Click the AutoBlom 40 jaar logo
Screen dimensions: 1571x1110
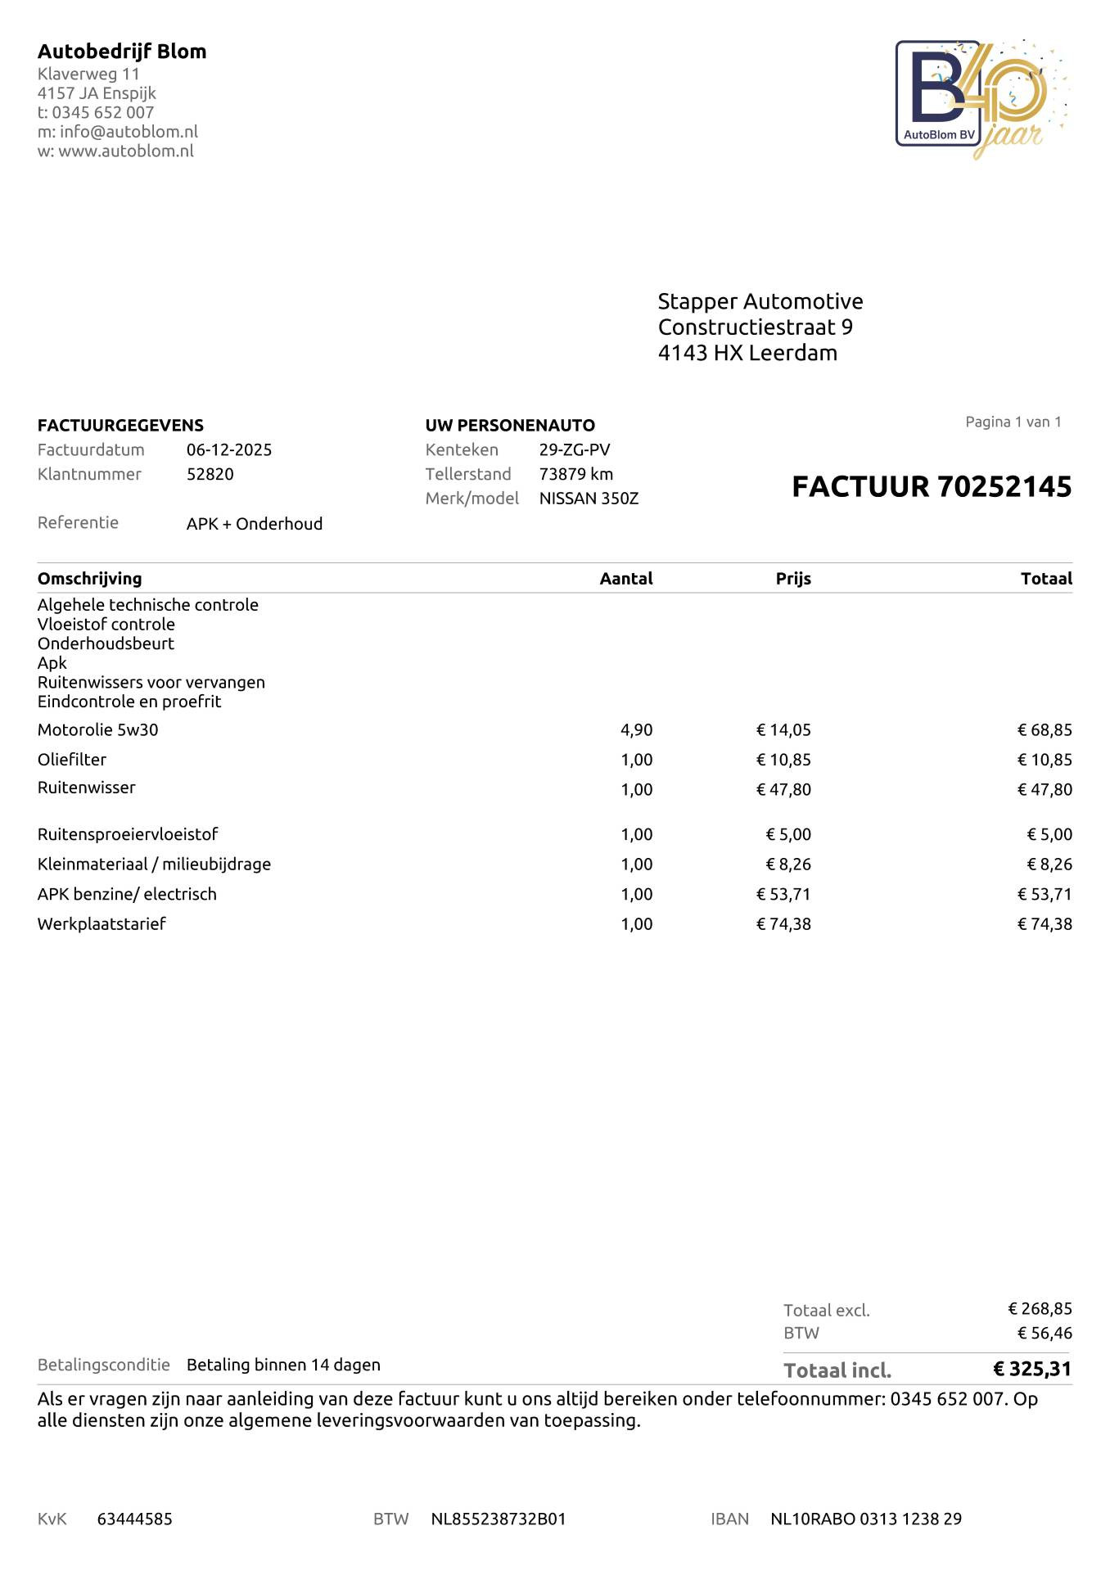pos(981,99)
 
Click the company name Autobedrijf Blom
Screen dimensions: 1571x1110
pos(122,52)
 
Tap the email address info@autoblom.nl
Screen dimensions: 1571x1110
pos(129,132)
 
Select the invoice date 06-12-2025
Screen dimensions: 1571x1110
pos(229,449)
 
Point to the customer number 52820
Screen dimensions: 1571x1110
pos(210,474)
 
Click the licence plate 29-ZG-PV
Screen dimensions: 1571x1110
pos(574,449)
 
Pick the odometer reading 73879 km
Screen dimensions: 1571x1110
pos(575,474)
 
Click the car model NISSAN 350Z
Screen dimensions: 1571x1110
pos(589,499)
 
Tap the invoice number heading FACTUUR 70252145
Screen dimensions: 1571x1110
pos(931,486)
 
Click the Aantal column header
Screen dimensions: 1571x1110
pos(625,579)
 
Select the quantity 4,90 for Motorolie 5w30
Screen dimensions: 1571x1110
pos(636,729)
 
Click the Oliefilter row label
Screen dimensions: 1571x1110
pos(72,760)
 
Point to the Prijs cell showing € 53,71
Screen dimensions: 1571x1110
pos(783,894)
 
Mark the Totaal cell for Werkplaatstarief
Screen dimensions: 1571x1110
pos(1045,923)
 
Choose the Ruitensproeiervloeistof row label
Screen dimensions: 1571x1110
pos(128,834)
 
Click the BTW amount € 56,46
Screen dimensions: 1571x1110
pos(1045,1333)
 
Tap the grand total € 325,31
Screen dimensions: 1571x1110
pos(1031,1369)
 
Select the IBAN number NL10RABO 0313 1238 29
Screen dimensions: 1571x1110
pos(866,1519)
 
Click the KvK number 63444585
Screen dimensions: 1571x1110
pos(134,1519)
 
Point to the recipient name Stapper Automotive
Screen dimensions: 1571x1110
pos(760,301)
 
